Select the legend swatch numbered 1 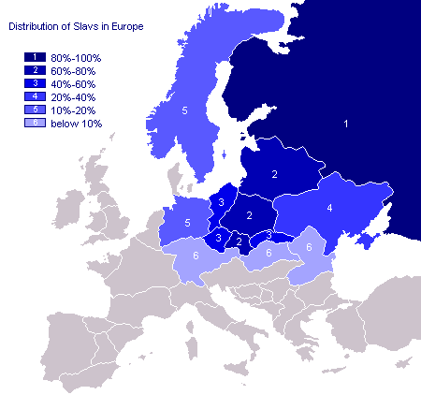[35, 57]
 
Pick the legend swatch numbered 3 [35, 83]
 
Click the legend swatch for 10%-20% [35, 110]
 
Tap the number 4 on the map [329, 208]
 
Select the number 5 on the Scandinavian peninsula [185, 111]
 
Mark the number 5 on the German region [188, 223]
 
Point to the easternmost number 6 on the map [309, 246]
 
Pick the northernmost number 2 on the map [275, 175]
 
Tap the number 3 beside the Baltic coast [221, 202]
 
